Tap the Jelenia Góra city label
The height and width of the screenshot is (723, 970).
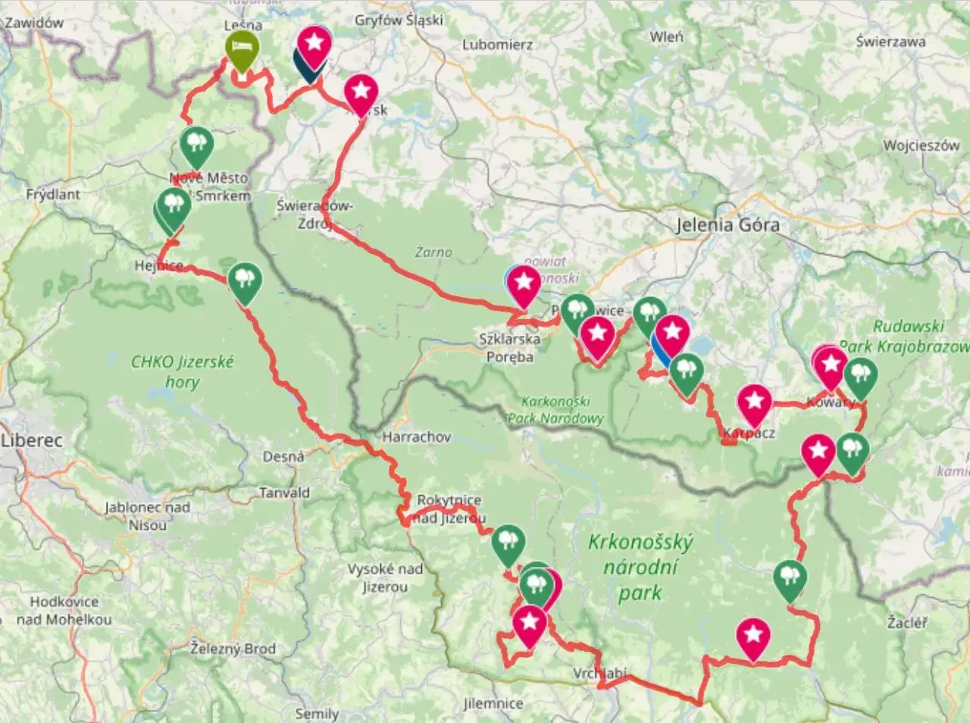coord(727,225)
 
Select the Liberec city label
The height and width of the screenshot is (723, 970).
coord(32,440)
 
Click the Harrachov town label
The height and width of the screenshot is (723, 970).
coord(416,437)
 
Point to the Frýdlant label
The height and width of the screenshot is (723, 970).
coord(53,195)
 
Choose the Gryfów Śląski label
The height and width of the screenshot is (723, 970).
coord(399,20)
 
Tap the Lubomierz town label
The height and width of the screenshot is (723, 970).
coord(497,45)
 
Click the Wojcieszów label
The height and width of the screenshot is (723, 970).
coord(921,146)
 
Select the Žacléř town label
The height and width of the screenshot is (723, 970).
coord(906,623)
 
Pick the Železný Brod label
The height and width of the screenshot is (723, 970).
coord(233,649)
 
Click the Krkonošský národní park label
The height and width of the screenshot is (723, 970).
coord(640,567)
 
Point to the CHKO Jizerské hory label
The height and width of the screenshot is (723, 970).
coord(182,371)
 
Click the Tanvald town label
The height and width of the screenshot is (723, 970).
coord(284,493)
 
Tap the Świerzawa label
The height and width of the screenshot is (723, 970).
coord(890,42)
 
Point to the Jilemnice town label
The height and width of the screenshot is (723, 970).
coord(493,703)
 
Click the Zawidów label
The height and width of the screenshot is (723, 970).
coord(34,23)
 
